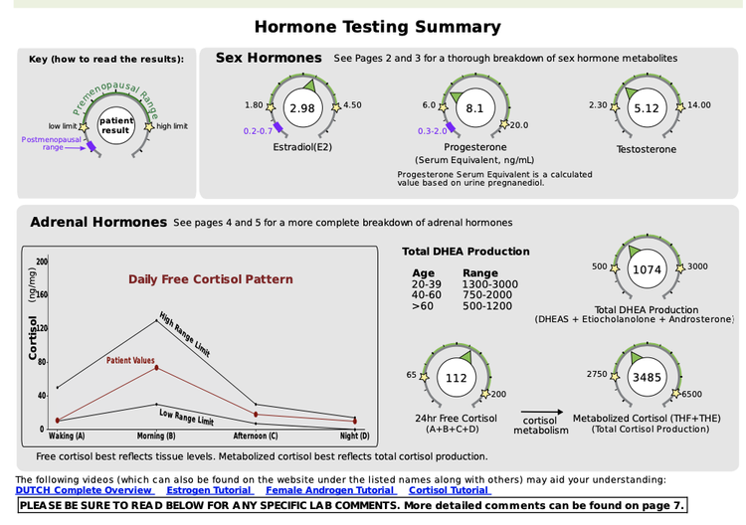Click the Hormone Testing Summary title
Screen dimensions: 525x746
[x=377, y=27]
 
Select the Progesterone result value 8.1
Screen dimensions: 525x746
[x=474, y=107]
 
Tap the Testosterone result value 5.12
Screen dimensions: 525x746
[x=647, y=107]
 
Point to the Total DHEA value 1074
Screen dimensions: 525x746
[x=648, y=269]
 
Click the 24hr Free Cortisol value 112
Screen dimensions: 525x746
[x=456, y=378]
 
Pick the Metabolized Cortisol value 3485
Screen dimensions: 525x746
[x=647, y=378]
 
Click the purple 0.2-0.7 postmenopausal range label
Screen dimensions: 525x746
[x=258, y=130]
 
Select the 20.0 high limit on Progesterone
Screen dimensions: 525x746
[x=519, y=125]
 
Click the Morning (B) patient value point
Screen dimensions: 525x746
[x=156, y=368]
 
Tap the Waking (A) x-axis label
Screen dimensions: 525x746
[x=67, y=436]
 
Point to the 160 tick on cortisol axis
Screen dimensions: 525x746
[x=42, y=295]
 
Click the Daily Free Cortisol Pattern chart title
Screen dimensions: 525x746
[x=210, y=279]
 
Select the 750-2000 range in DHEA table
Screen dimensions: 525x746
[x=489, y=295]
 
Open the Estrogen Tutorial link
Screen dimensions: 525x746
[x=209, y=490]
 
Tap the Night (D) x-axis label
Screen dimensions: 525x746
[x=354, y=436]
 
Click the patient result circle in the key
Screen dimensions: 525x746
[x=116, y=126]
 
